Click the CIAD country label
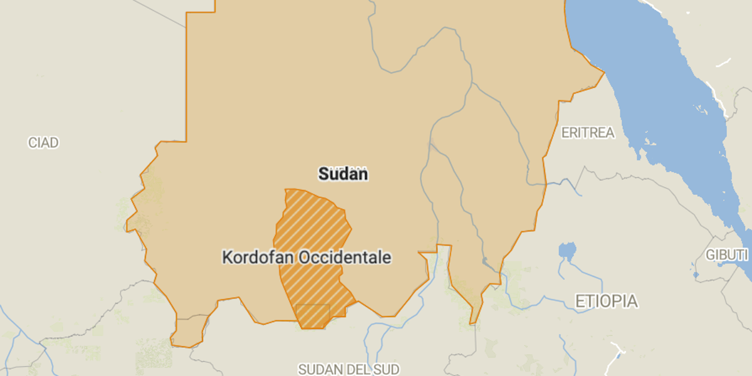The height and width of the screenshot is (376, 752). pyautogui.click(x=43, y=143)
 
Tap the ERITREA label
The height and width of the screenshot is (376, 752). pyautogui.click(x=588, y=133)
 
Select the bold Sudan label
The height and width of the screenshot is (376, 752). pyautogui.click(x=343, y=174)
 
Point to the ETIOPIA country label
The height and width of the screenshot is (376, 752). pyautogui.click(x=607, y=301)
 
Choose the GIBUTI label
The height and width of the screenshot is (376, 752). pyautogui.click(x=727, y=255)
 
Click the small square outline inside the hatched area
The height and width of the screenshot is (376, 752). pyautogui.click(x=313, y=315)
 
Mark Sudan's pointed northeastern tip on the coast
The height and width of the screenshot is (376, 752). pyautogui.click(x=603, y=73)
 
